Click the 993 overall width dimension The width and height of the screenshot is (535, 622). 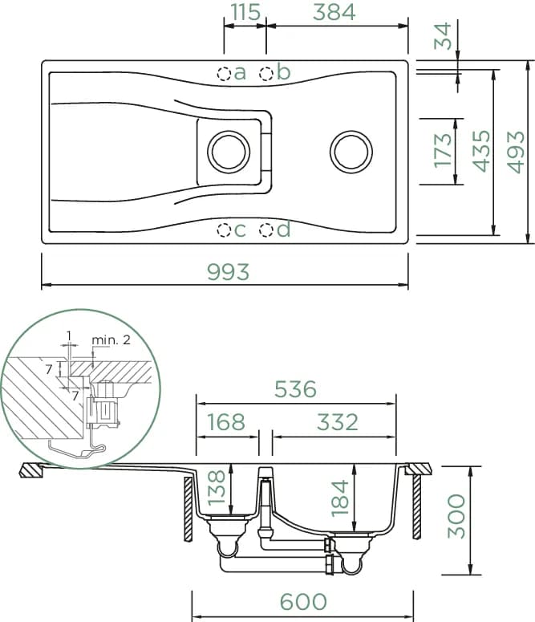pyautogui.click(x=229, y=272)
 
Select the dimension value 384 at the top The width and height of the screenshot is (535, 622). pyautogui.click(x=334, y=12)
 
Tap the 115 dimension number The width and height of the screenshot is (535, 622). pyautogui.click(x=245, y=12)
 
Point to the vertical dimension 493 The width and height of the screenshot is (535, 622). pyautogui.click(x=516, y=152)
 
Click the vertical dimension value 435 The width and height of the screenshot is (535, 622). pyautogui.click(x=481, y=151)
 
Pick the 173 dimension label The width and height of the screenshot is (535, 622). pyautogui.click(x=443, y=151)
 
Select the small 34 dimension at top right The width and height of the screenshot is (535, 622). pyautogui.click(x=443, y=36)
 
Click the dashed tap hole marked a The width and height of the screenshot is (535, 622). pyautogui.click(x=224, y=73)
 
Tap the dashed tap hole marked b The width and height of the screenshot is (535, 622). pyautogui.click(x=266, y=73)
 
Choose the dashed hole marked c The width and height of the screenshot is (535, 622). pyautogui.click(x=224, y=230)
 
